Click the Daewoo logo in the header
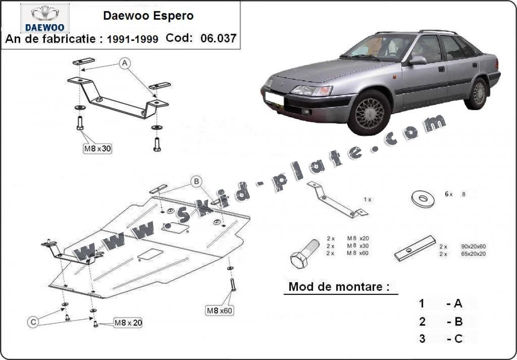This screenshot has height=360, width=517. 44,18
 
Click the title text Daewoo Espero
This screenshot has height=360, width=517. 149,16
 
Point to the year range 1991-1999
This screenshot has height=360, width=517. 132,39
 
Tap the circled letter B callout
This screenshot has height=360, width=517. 196,181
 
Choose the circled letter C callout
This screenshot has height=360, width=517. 34,321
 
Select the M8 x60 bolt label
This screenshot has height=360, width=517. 220,310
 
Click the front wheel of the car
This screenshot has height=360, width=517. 370,113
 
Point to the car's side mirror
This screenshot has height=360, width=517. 417,60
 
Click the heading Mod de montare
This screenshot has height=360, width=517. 339,287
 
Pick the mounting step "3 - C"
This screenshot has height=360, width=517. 442,338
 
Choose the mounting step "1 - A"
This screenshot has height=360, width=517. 442,304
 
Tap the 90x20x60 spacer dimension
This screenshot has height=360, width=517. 473,246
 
